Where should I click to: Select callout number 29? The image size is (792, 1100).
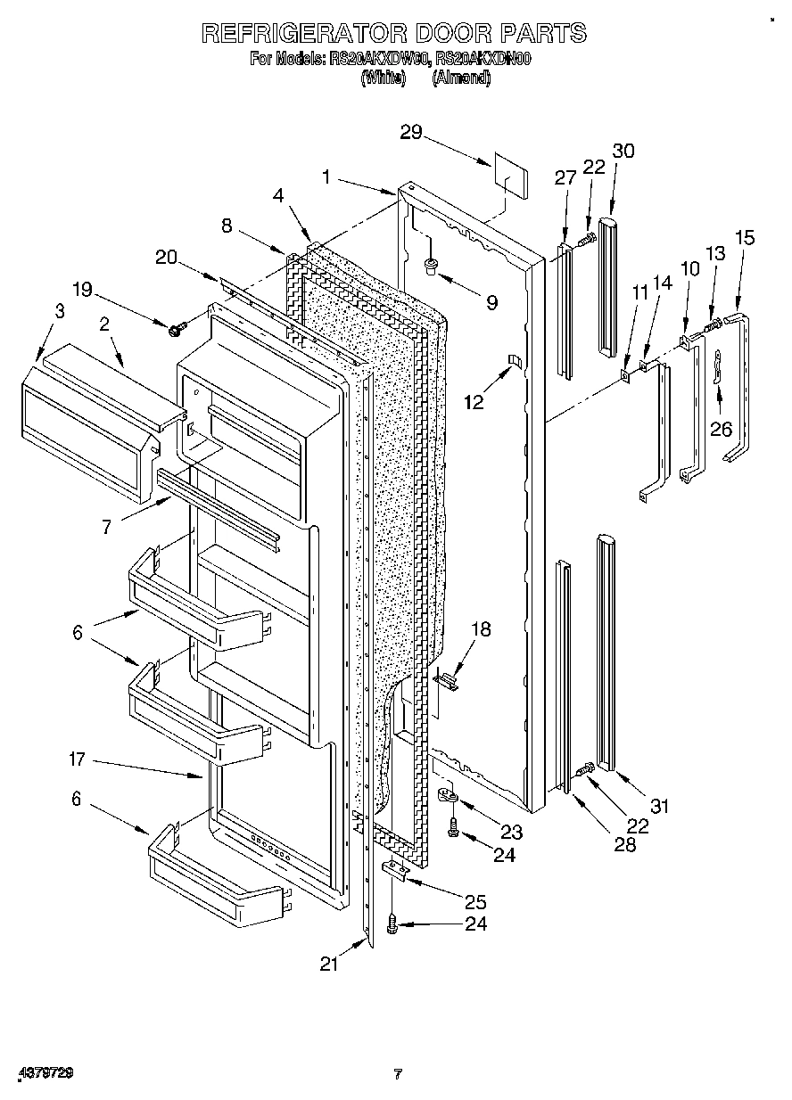pyautogui.click(x=410, y=133)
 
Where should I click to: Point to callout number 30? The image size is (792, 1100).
pyautogui.click(x=623, y=151)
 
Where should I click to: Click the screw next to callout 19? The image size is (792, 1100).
pyautogui.click(x=175, y=329)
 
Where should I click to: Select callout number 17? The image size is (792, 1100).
pyautogui.click(x=76, y=759)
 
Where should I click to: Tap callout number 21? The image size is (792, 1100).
pyautogui.click(x=331, y=964)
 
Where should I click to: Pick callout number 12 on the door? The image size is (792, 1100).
pyautogui.click(x=474, y=402)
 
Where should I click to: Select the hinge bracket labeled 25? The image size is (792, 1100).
pyautogui.click(x=398, y=870)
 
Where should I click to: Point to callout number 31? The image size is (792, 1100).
pyautogui.click(x=658, y=807)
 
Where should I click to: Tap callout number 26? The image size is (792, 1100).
pyautogui.click(x=720, y=429)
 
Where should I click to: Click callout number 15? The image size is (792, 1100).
pyautogui.click(x=744, y=237)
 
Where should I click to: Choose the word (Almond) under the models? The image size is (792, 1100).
pyautogui.click(x=461, y=78)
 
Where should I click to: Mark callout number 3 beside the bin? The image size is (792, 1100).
pyautogui.click(x=59, y=311)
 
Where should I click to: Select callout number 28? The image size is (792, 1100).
pyautogui.click(x=625, y=843)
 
